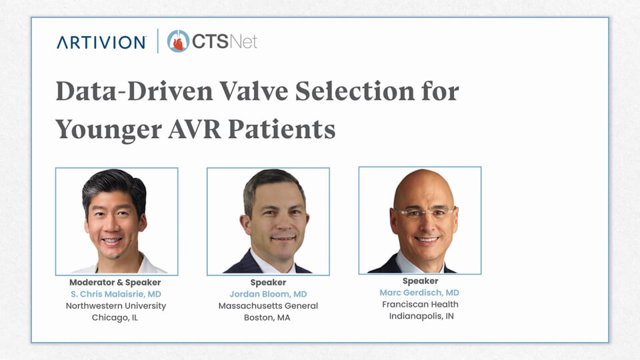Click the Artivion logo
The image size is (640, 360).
coord(101,42)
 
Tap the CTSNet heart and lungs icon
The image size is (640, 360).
coord(178,41)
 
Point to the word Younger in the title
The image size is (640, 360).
coord(109,131)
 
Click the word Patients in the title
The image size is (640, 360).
coord(281,129)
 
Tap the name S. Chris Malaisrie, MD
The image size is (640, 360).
coord(116,294)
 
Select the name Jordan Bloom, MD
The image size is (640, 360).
coord(268,294)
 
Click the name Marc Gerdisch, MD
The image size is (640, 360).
coord(419,293)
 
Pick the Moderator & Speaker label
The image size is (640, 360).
coord(115,283)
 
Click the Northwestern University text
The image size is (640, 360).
coord(116,306)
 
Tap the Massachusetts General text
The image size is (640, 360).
coord(268,306)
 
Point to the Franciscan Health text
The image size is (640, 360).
coord(420,305)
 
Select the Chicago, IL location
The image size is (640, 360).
coord(115,317)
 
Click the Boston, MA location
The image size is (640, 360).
coord(267,317)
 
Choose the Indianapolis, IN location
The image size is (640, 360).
coord(421,316)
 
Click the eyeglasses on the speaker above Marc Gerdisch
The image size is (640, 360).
coord(424,213)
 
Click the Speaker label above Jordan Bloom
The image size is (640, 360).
coord(268,283)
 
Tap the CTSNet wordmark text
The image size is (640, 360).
coord(225,41)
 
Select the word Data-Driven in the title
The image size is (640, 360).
coord(134,91)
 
